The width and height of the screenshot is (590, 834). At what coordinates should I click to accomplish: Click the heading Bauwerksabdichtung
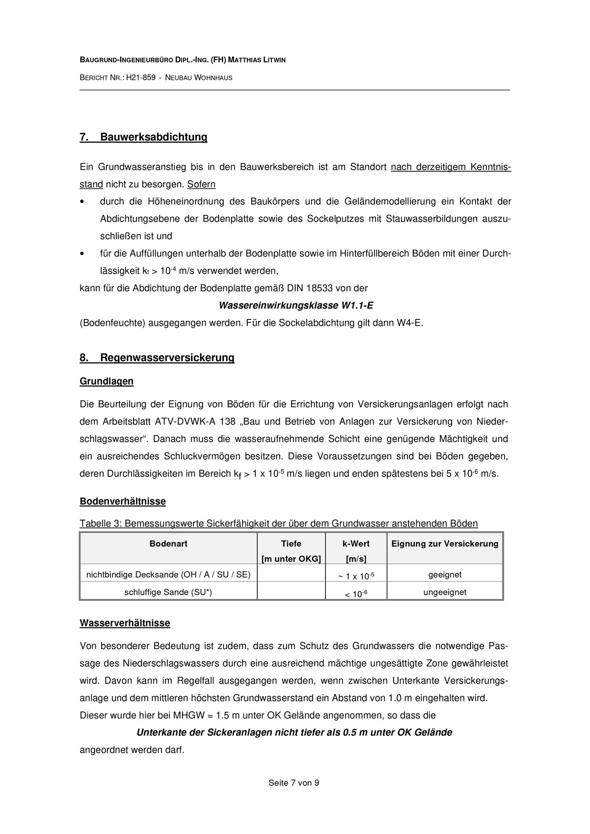pos(153,137)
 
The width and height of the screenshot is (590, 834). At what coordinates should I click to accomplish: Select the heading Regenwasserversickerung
pos(167,358)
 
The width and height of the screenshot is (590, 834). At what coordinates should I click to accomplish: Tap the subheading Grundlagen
pos(107,381)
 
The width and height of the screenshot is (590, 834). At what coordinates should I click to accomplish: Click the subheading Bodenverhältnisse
pos(123,501)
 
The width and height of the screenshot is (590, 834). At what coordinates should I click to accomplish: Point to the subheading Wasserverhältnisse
pos(125,623)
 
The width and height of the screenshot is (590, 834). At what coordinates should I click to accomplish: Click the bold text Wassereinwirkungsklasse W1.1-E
pos(295,306)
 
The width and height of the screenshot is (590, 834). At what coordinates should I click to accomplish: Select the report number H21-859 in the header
pos(141,78)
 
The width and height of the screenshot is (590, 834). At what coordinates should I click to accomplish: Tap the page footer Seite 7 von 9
pos(294,783)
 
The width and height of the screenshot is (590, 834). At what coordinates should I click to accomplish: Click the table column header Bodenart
pos(168,544)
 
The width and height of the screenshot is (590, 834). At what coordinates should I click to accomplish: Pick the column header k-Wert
pos(356,544)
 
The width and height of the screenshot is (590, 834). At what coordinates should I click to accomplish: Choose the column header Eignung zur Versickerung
pos(445,544)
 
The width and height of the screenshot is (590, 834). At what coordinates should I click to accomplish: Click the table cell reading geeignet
pos(445,574)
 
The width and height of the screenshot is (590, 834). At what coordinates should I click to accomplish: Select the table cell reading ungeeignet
pos(445,592)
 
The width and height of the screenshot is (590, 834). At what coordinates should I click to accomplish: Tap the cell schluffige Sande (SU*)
pos(168,592)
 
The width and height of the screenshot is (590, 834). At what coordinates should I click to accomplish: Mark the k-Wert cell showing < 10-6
pos(356,594)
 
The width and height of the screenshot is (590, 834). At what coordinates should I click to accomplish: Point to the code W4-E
pos(409,323)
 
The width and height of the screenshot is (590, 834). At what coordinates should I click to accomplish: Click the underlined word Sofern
pos(201,184)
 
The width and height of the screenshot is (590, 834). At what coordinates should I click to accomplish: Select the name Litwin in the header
pos(273,60)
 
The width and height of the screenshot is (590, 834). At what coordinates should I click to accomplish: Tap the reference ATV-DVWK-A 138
pos(195,421)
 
